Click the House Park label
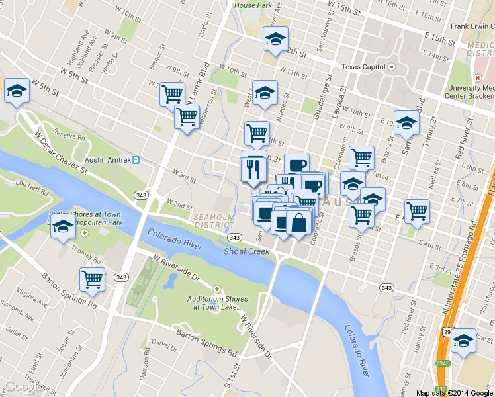[x=253, y=5]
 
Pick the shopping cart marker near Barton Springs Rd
[x=92, y=279]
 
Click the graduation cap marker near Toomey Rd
[x=63, y=227]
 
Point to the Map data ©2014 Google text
[x=454, y=393]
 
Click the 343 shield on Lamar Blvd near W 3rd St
[x=140, y=195]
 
